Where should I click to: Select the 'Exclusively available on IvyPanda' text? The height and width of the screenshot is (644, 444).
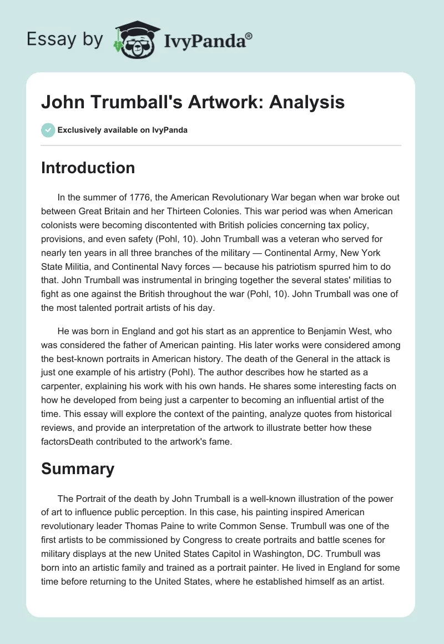click(x=122, y=130)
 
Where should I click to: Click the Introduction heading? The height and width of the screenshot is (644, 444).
click(x=88, y=168)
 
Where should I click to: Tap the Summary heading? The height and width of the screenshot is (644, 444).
click(x=78, y=469)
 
